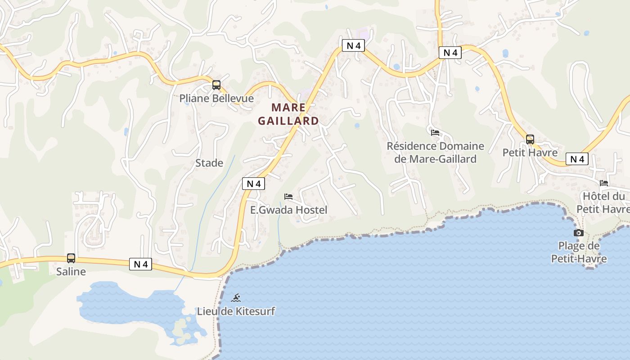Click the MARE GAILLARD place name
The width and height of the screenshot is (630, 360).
[288, 114]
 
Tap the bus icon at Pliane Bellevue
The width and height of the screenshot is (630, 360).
[216, 85]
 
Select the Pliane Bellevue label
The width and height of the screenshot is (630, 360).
[216, 98]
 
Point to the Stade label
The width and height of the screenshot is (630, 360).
[209, 163]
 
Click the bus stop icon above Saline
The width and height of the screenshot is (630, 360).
[71, 258]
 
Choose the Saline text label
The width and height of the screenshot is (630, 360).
[71, 271]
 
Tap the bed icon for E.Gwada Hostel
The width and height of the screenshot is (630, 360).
[288, 197]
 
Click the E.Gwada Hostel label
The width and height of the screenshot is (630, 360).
[288, 210]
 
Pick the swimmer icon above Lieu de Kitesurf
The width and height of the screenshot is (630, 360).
[236, 298]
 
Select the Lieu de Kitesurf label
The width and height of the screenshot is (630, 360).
[236, 311]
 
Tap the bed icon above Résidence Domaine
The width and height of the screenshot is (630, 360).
[435, 133]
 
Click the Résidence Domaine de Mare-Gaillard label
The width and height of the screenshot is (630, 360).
[436, 153]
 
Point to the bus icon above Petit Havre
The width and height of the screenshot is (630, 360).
[530, 139]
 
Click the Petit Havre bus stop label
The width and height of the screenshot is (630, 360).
[530, 153]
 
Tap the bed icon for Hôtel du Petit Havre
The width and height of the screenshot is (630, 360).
[604, 183]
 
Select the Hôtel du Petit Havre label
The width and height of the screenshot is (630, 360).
[604, 203]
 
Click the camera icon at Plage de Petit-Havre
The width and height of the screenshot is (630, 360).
[579, 233]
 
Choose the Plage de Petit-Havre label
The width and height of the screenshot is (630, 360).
[579, 252]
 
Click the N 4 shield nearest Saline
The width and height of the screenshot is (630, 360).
[141, 264]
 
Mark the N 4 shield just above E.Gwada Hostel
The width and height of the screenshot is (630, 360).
[254, 184]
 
